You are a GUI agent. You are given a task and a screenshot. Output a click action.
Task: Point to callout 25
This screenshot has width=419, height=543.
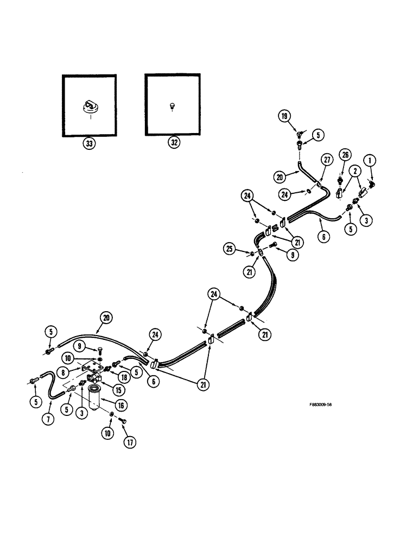point(230,249)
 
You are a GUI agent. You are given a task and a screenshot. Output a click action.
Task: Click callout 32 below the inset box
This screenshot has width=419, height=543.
point(172,144)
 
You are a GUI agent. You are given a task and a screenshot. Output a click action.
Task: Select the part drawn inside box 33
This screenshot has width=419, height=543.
point(88,106)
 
